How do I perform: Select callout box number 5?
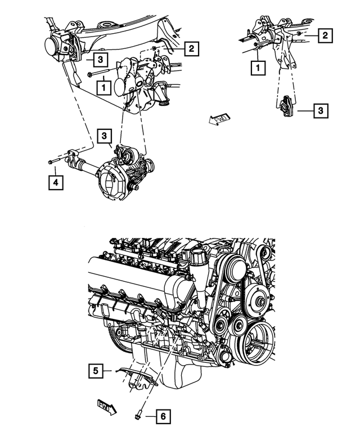coord(95,370)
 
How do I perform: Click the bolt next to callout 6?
coord(138,416)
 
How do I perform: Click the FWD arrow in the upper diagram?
coord(216,119)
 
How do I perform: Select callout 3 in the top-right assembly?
coord(320,111)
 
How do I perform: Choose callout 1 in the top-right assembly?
coord(258,69)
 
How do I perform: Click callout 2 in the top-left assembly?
coord(191,49)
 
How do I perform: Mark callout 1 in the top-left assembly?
coord(103,87)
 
